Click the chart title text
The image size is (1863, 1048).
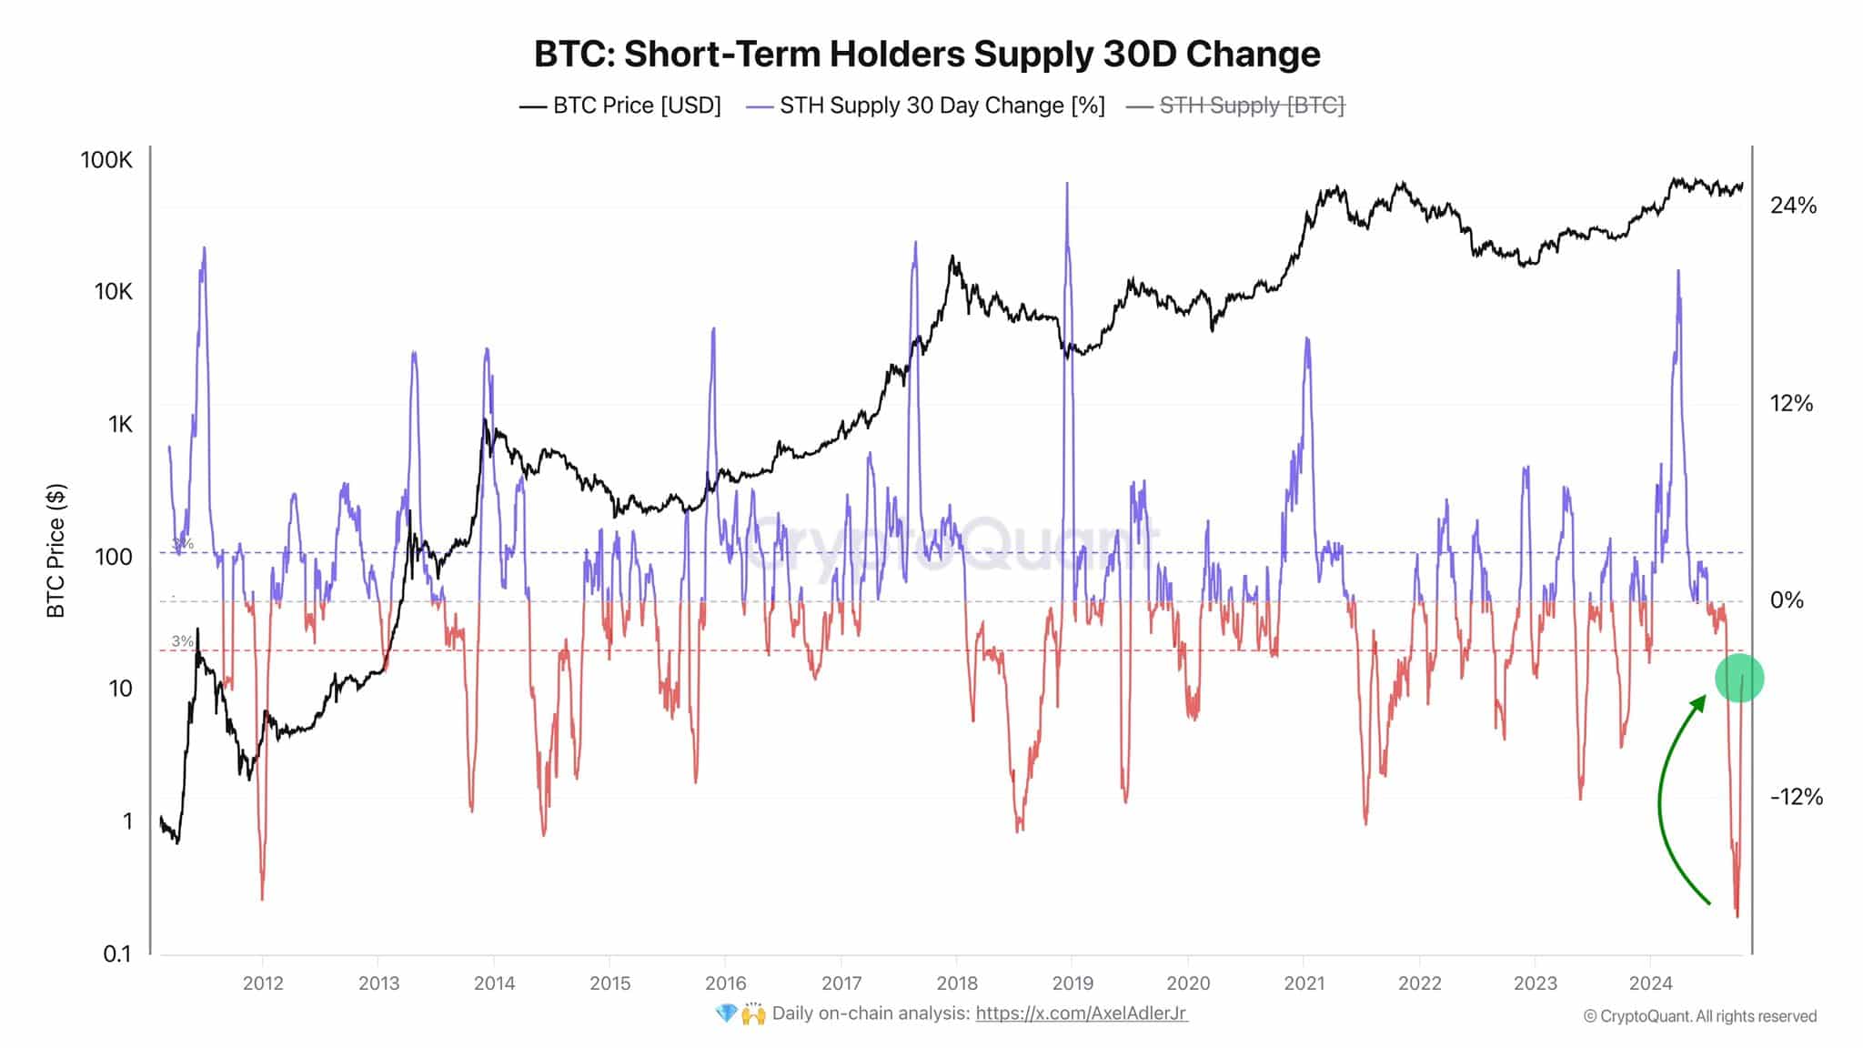click(926, 54)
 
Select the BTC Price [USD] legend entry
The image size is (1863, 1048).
click(620, 106)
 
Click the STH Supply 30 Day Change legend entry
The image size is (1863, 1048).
click(925, 106)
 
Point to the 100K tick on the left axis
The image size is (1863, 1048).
click(106, 160)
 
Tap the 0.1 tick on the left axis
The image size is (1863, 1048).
click(117, 953)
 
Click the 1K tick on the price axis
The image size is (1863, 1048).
click(120, 424)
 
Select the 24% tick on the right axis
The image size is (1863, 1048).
click(1793, 206)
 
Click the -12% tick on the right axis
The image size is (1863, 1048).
click(1796, 797)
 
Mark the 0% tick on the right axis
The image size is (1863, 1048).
click(1787, 600)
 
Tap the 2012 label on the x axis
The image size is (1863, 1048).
click(263, 983)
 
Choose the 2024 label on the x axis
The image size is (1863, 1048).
click(1650, 983)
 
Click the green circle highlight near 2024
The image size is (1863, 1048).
click(1739, 679)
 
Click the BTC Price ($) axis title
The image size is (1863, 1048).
click(56, 551)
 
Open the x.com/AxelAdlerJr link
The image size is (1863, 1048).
click(1081, 1013)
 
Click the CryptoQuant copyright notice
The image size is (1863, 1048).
click(1699, 1016)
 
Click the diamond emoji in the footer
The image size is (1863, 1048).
click(726, 1013)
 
